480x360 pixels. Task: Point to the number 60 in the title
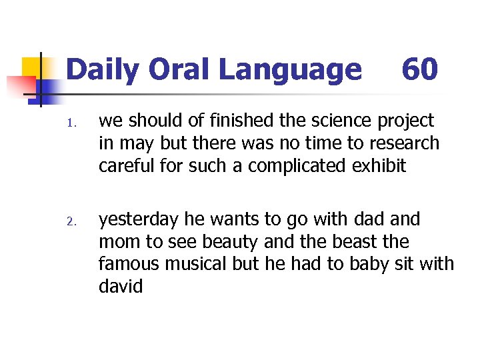click(x=419, y=70)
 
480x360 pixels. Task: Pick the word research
click(x=406, y=143)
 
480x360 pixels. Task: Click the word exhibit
click(x=382, y=165)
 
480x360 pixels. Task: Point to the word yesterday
click(x=137, y=219)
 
